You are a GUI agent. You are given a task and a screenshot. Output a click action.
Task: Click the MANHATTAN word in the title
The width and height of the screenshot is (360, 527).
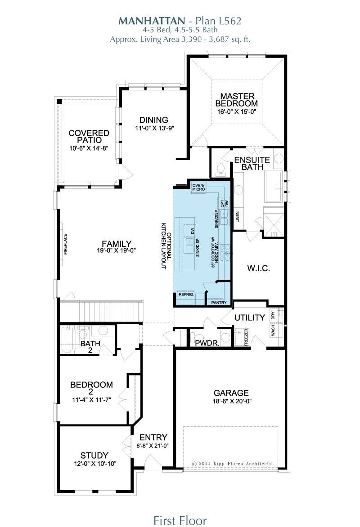tap(151, 21)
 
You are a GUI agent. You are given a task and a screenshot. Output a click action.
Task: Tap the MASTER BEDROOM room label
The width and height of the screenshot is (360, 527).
tap(237, 100)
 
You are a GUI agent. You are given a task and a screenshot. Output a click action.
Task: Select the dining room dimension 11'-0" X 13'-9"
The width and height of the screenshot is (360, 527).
tap(154, 128)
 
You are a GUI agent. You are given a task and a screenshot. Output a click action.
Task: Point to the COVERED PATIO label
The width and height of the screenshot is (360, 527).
tap(89, 136)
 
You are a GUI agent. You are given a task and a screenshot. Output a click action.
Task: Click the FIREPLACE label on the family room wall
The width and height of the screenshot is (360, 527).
tap(66, 244)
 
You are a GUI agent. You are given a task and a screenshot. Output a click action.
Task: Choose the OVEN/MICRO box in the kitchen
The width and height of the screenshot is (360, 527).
tap(198, 187)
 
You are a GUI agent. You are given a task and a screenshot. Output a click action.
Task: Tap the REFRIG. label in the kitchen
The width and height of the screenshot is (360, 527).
tap(186, 295)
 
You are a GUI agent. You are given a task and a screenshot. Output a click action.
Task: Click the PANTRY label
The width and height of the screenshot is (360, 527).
tap(219, 303)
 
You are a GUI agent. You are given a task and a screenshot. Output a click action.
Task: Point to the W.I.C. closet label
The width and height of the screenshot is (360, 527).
tap(258, 268)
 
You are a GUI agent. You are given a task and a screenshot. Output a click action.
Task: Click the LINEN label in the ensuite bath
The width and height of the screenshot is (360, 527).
tap(238, 217)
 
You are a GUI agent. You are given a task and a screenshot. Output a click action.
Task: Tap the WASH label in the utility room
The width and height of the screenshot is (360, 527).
tap(273, 330)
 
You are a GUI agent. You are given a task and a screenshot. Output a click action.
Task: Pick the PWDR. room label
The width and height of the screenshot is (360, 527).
tap(207, 343)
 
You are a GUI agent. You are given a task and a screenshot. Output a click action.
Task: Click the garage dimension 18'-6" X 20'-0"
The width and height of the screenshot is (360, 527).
tap(232, 401)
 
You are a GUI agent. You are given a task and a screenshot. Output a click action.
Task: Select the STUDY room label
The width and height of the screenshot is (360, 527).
tap(94, 456)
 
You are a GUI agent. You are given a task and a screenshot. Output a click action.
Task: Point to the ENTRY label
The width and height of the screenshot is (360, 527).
tap(153, 437)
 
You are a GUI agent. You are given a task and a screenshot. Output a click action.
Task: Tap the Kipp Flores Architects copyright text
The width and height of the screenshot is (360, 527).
tap(231, 464)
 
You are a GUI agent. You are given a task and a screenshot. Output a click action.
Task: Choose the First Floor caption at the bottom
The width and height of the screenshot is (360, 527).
tap(180, 520)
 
